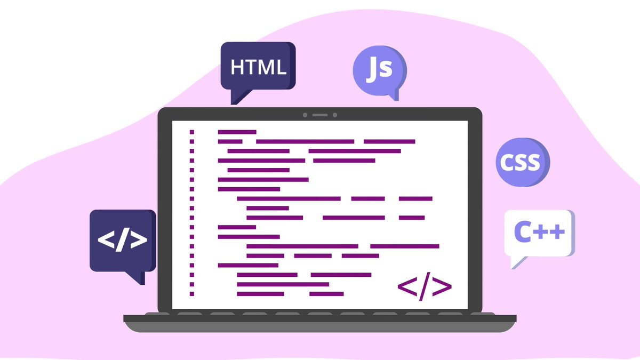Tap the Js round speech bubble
[380, 71]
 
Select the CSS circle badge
[523, 162]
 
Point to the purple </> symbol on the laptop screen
[425, 286]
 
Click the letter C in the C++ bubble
[523, 231]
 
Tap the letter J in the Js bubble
[372, 69]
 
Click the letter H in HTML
[237, 67]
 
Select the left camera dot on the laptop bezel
[305, 115]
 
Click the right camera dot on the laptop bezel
[335, 115]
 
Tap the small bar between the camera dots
[320, 115]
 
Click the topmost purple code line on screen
[237, 132]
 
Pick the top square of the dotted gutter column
[191, 132]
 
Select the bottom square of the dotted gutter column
[191, 294]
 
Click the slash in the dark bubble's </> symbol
[122, 239]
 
